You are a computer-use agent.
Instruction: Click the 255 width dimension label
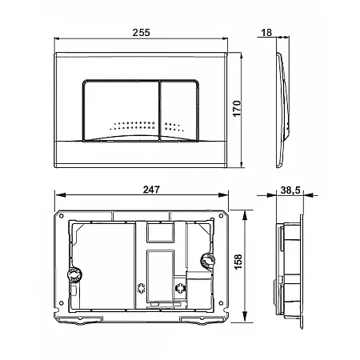(x=141, y=33)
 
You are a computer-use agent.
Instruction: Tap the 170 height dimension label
(x=237, y=109)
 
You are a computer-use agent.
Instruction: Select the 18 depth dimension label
(x=266, y=33)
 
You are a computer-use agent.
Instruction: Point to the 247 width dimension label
(x=151, y=190)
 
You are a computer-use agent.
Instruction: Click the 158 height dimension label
(x=238, y=262)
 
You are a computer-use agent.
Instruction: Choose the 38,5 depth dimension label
(x=290, y=190)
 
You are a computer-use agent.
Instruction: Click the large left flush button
(x=122, y=110)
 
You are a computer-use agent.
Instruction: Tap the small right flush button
(x=179, y=110)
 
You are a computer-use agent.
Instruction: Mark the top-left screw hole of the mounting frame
(x=61, y=216)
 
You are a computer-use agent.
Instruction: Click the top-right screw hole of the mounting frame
(x=221, y=216)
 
